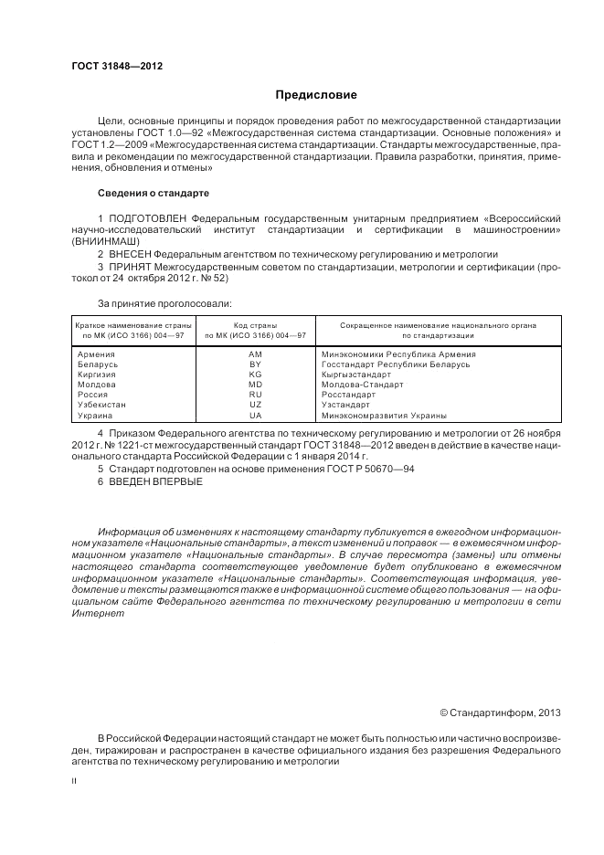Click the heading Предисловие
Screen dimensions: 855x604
pos(316,95)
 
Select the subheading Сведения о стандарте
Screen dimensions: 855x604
pos(154,194)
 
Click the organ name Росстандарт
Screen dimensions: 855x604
pos(349,395)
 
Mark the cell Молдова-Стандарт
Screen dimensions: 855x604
pos(362,385)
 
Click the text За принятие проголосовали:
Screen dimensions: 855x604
pos(164,302)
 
